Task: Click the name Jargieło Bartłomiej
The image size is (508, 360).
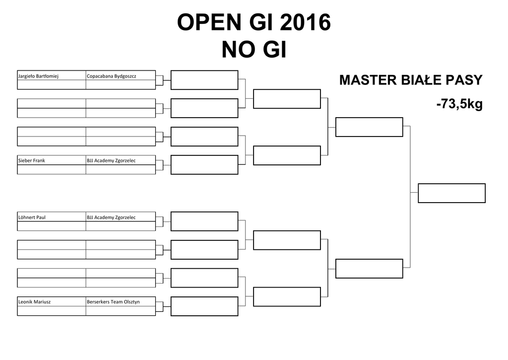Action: (x=38, y=76)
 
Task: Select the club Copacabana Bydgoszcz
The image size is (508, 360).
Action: (x=111, y=76)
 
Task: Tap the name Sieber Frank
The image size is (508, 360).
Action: (x=32, y=161)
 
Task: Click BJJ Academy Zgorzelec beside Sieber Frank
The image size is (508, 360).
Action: (x=111, y=161)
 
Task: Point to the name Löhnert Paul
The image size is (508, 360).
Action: (x=32, y=217)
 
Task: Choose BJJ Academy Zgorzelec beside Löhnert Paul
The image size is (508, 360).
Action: (x=111, y=217)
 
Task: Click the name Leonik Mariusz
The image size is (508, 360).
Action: (x=34, y=302)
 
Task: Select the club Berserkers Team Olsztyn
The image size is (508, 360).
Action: (x=113, y=302)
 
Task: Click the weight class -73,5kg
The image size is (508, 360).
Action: (x=459, y=105)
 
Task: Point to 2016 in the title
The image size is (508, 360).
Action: (x=305, y=23)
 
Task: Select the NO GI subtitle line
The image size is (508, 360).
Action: (x=254, y=50)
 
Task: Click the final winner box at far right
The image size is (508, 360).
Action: (x=451, y=193)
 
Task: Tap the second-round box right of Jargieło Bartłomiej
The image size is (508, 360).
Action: (x=204, y=80)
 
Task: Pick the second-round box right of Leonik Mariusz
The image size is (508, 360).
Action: (x=204, y=306)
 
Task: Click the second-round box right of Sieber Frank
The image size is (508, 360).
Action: (x=204, y=165)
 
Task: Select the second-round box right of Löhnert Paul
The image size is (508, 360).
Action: (x=204, y=221)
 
